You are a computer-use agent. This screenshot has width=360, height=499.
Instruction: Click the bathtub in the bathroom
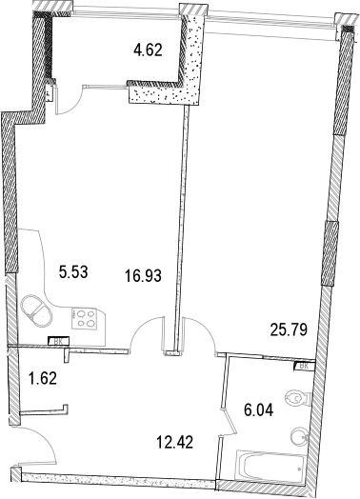point(271,466)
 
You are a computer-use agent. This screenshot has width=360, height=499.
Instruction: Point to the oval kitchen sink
point(40,310)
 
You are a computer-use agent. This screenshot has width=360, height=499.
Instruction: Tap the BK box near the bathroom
point(303,365)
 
